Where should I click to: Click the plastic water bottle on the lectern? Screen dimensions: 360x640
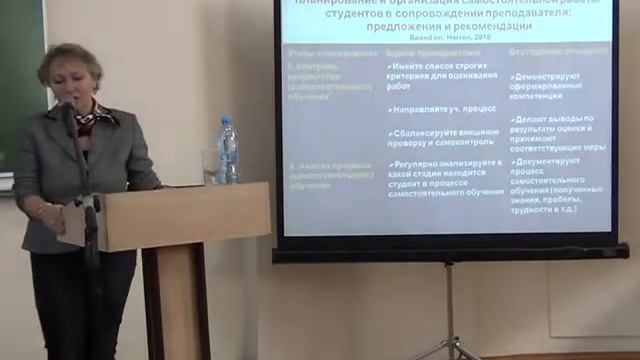[228, 152]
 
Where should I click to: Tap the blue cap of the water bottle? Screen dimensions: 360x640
[227, 120]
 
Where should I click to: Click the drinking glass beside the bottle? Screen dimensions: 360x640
[211, 166]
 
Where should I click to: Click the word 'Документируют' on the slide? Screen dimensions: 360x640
[551, 160]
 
